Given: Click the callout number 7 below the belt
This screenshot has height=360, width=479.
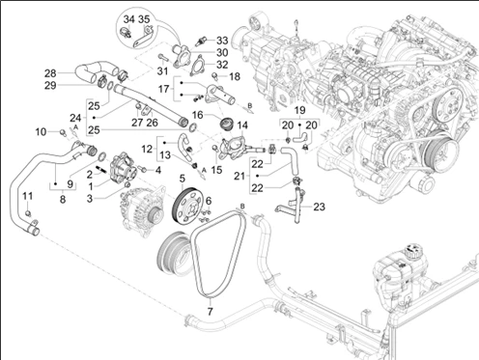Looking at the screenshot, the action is [x=210, y=312].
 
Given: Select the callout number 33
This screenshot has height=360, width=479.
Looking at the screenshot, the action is [x=222, y=41].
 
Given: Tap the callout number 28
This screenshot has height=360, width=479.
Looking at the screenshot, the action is [x=50, y=73].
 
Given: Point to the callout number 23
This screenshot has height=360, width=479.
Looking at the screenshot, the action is [x=319, y=207].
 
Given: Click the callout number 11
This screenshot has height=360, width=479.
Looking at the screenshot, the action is [x=28, y=196].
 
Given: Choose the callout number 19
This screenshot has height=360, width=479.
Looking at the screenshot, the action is [x=299, y=110].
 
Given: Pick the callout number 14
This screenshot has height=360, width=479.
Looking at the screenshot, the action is [x=242, y=125].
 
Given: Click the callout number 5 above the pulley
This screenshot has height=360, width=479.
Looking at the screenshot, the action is [x=183, y=178].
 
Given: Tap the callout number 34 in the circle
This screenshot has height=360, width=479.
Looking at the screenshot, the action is [x=128, y=19].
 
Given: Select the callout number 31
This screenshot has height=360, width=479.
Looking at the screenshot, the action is [x=162, y=70].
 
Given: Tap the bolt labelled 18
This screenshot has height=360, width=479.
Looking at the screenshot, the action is [x=215, y=75].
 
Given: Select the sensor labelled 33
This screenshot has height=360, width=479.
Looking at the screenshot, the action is [x=201, y=42].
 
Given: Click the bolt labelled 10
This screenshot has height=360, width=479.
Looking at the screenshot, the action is [x=63, y=131].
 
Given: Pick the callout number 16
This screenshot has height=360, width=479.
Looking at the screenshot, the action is [x=198, y=115].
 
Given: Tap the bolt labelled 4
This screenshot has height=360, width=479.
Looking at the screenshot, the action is [x=143, y=169].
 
